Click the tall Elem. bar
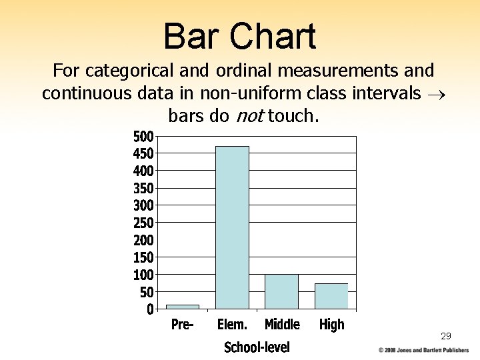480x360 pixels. pyautogui.click(x=232, y=227)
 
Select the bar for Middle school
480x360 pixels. pyautogui.click(x=281, y=291)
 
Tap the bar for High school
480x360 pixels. pyautogui.click(x=331, y=296)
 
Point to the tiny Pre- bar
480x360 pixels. pyautogui.click(x=183, y=307)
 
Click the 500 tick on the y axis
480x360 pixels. pyautogui.click(x=143, y=137)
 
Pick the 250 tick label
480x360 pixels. pyautogui.click(x=143, y=223)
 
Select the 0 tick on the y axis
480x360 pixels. pyautogui.click(x=150, y=309)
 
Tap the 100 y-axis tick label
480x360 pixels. pyautogui.click(x=143, y=275)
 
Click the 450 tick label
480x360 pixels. pyautogui.click(x=143, y=154)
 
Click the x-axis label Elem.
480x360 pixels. pyautogui.click(x=232, y=325)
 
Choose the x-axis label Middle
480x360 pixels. pyautogui.click(x=282, y=325)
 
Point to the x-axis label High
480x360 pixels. pyautogui.click(x=331, y=325)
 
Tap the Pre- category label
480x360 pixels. pyautogui.click(x=182, y=325)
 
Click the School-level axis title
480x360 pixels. pyautogui.click(x=257, y=347)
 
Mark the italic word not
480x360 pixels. pyautogui.click(x=249, y=117)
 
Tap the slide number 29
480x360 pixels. pyautogui.click(x=445, y=337)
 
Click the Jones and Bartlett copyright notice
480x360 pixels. pyautogui.click(x=424, y=350)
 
